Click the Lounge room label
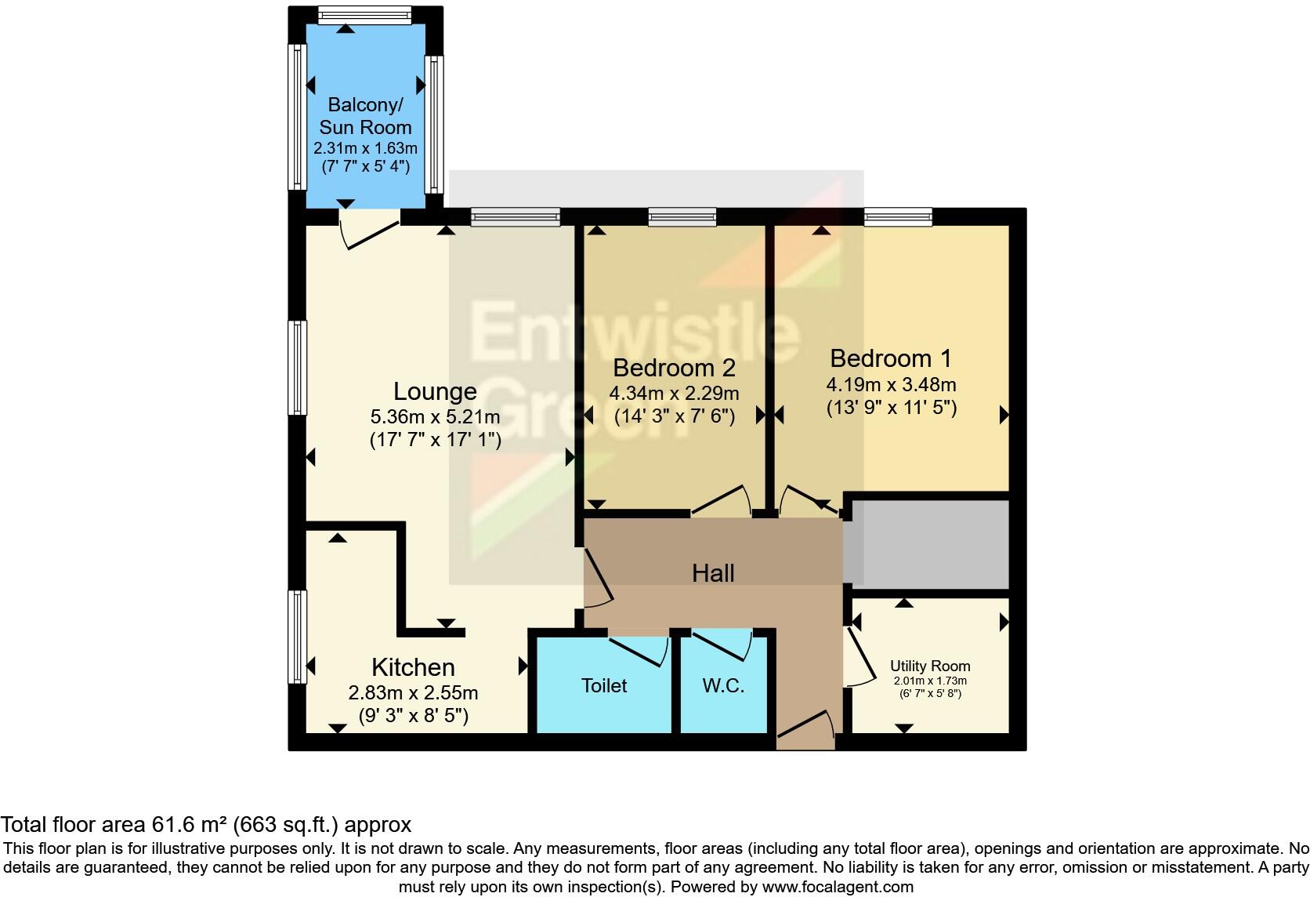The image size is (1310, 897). pos(435,391)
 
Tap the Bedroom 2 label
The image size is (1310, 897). pos(674,367)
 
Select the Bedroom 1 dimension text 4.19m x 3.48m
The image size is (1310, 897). pos(891,385)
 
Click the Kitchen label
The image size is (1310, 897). pos(413,667)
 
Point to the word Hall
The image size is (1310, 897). pos(713,573)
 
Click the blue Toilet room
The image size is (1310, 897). pos(603,686)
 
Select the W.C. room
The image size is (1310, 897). pos(723,686)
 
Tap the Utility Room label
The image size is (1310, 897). pos(930,666)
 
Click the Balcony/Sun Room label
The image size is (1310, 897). pos(365,116)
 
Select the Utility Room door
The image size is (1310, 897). pos(860,655)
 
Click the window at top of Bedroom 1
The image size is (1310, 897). pos(898,216)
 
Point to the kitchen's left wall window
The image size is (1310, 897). pos(297,636)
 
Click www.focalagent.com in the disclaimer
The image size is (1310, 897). pos(838,887)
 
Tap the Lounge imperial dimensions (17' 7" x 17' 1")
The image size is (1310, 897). pos(435,440)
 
